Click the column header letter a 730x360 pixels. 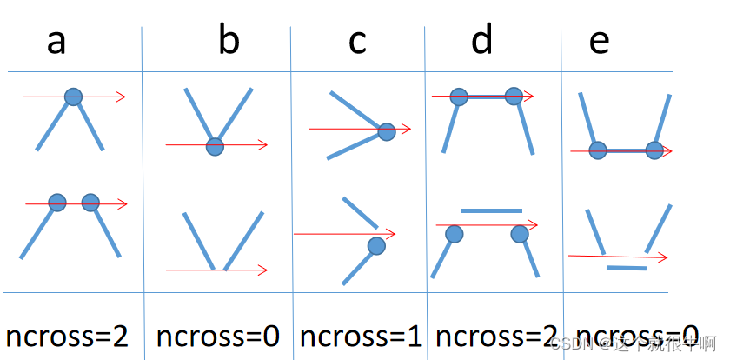[x=56, y=41]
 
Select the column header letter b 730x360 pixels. [x=229, y=40]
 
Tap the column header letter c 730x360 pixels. [x=357, y=41]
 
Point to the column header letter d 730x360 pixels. [x=481, y=39]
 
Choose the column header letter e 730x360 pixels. [x=599, y=41]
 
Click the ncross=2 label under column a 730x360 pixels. [x=68, y=336]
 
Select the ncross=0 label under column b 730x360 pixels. [x=218, y=336]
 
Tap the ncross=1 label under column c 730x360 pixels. [x=362, y=336]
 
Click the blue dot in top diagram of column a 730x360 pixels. [x=74, y=97]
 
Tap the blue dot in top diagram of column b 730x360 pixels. [x=215, y=147]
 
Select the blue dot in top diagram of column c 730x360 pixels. [x=387, y=131]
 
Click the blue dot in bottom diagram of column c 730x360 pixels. [x=376, y=246]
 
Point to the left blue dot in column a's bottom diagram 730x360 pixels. [x=57, y=203]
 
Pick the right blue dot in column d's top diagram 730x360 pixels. [x=513, y=97]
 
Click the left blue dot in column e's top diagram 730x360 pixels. [x=598, y=150]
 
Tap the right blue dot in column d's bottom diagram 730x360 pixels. [x=520, y=233]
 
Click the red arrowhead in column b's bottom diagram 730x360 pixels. [x=262, y=270]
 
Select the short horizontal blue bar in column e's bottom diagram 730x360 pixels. [x=626, y=268]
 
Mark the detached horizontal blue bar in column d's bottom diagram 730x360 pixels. [x=492, y=210]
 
